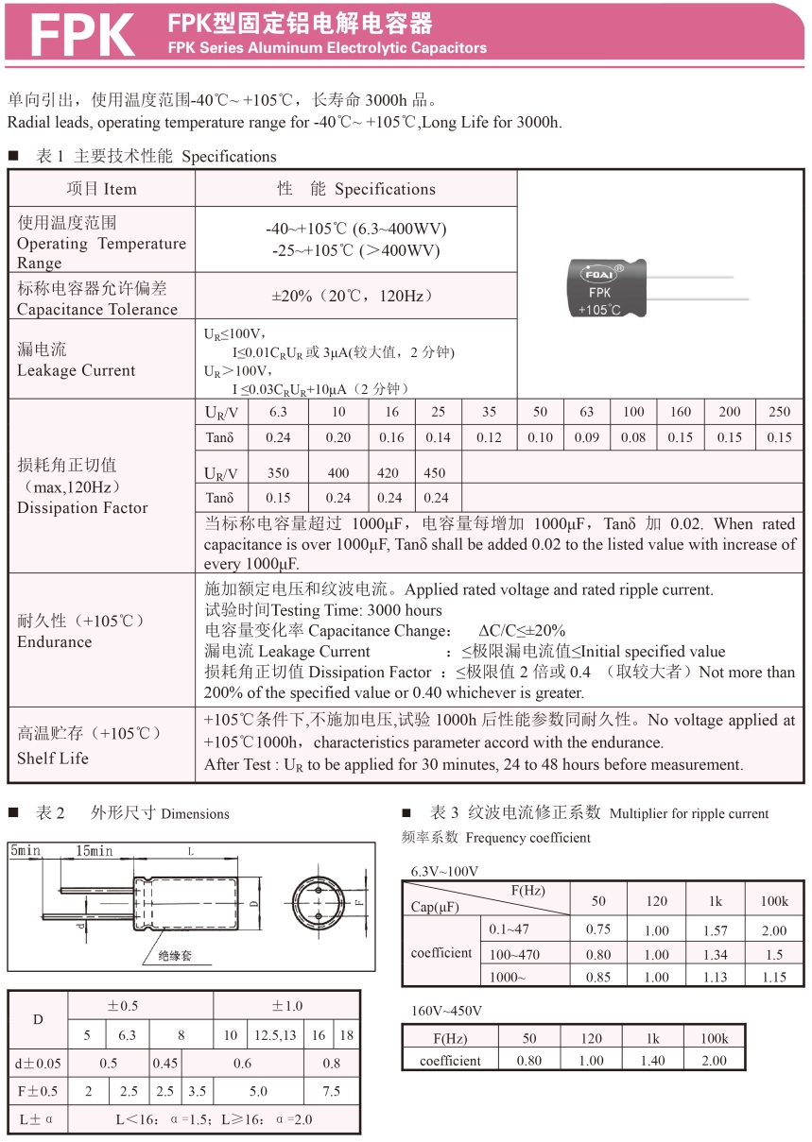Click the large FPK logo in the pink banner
click(82, 35)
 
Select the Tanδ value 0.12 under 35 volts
click(489, 437)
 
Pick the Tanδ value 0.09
click(586, 437)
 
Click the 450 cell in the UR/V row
click(435, 473)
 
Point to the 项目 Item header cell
click(101, 189)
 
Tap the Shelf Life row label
click(53, 758)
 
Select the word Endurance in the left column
click(55, 642)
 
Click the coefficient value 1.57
click(716, 930)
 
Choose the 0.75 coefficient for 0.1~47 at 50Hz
click(597, 929)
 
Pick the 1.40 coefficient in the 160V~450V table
click(652, 1061)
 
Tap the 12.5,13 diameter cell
click(275, 1035)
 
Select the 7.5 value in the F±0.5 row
click(332, 1091)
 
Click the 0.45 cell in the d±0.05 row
click(165, 1064)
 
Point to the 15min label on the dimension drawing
click(95, 851)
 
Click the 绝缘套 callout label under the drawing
click(175, 956)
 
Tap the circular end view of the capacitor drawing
click(318, 903)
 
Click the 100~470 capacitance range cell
click(515, 954)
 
